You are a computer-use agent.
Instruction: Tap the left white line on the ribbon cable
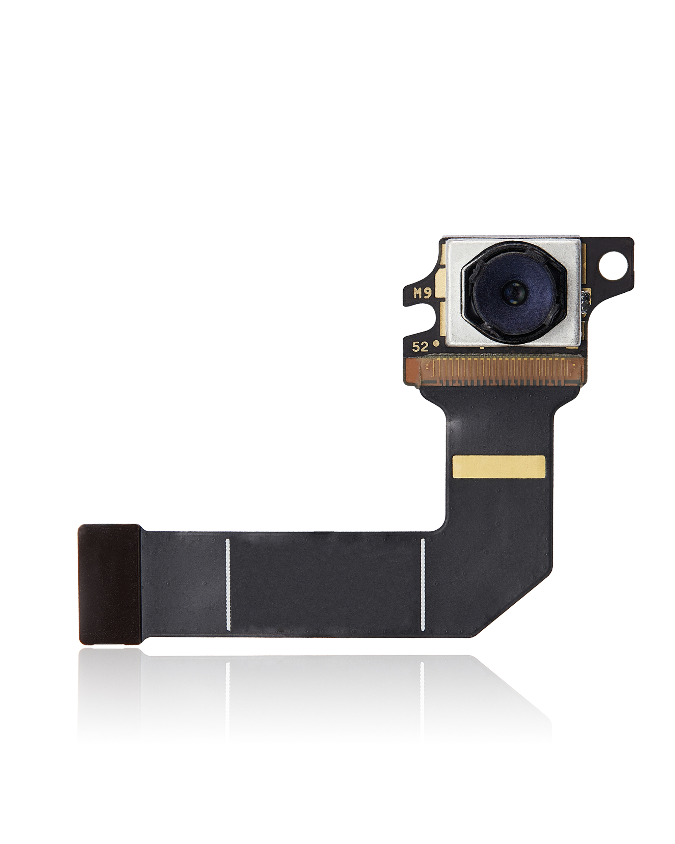pyautogui.click(x=228, y=584)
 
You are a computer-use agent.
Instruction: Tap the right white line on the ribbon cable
pyautogui.click(x=423, y=584)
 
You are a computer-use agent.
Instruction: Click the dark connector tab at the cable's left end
pyautogui.click(x=109, y=584)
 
